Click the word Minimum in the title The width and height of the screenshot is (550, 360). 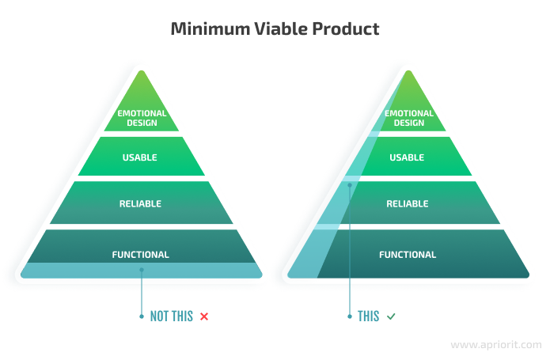coord(211,28)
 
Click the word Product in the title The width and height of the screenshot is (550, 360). coord(346,28)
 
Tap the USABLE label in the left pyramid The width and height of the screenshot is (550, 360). coord(139,157)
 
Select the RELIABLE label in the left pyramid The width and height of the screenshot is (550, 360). coord(140,204)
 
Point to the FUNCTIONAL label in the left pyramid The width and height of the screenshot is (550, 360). coord(141,255)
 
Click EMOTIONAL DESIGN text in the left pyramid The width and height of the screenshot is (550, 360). coord(142,118)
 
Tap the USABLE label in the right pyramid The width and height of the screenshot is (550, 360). coord(407,157)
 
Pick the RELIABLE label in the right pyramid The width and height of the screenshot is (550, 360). coord(408,204)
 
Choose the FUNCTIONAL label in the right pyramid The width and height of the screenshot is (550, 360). coord(408,255)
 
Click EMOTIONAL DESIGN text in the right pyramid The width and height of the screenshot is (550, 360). coord(409,118)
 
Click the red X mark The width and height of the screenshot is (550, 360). coord(204,316)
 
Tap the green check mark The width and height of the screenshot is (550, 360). coord(391,316)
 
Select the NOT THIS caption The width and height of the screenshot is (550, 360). coord(172,316)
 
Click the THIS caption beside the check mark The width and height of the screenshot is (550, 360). coord(368,316)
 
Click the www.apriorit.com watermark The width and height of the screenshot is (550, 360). coord(496,345)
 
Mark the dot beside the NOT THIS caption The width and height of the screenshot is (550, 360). coord(142,316)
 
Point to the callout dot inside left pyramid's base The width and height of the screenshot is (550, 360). coord(142,270)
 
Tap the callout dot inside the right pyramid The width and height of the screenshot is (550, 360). coord(350,185)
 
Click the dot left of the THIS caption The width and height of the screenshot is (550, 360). coord(350,316)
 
